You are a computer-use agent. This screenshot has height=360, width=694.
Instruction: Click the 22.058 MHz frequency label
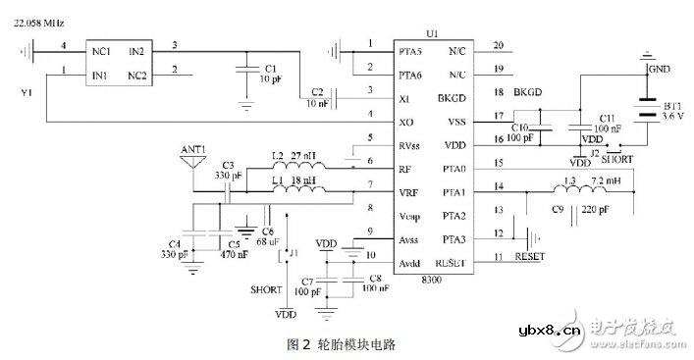(40, 19)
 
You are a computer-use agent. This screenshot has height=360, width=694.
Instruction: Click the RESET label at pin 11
(529, 257)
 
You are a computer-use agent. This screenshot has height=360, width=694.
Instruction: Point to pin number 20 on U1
(498, 45)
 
